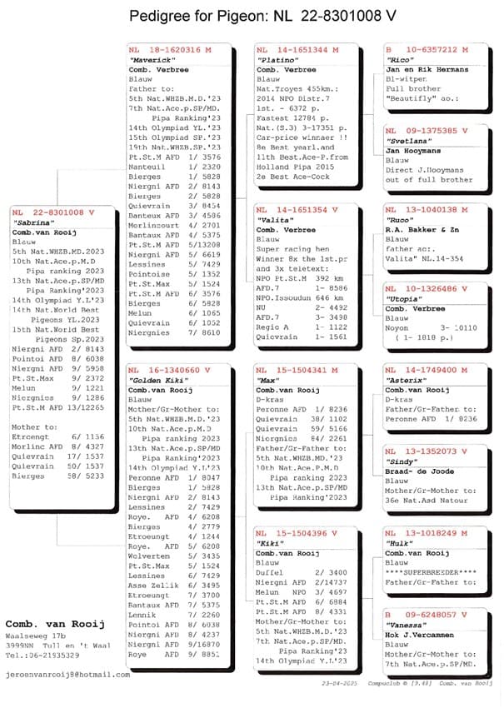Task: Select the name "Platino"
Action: pos(276,61)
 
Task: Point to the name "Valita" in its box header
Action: pos(273,219)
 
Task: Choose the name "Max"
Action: pos(267,380)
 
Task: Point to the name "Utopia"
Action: pos(402,299)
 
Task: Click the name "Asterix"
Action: pos(405,380)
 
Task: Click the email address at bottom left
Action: pos(67,675)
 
